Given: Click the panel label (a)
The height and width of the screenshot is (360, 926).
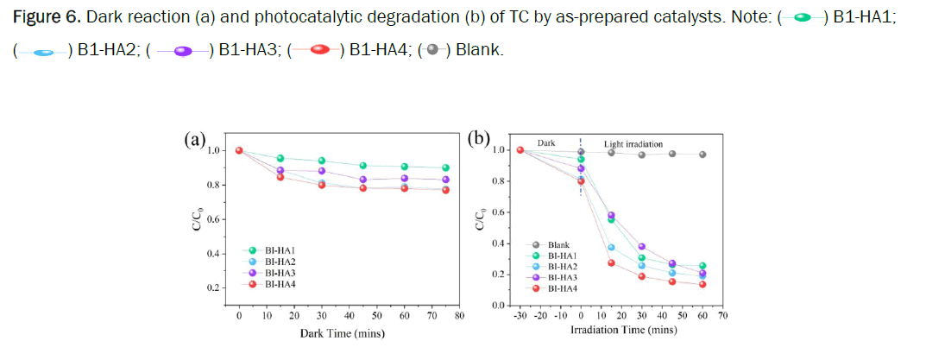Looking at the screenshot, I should pyautogui.click(x=194, y=141).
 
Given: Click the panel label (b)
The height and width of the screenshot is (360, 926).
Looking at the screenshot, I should pyautogui.click(x=478, y=139).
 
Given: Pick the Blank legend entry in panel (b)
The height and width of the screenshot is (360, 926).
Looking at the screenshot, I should pyautogui.click(x=559, y=245).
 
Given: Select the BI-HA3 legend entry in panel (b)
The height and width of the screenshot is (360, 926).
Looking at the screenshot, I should pyautogui.click(x=562, y=276).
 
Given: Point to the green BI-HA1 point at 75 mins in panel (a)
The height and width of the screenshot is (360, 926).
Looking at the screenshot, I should pyautogui.click(x=445, y=168).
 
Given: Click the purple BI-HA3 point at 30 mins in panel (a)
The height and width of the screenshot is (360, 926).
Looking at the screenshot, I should pyautogui.click(x=322, y=171).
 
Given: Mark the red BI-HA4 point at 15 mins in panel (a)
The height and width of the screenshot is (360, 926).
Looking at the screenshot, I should pyautogui.click(x=280, y=177).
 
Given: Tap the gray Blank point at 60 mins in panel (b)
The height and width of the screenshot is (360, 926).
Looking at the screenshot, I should pyautogui.click(x=702, y=155).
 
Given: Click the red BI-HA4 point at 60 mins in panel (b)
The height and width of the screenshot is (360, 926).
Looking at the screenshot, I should pyautogui.click(x=702, y=284).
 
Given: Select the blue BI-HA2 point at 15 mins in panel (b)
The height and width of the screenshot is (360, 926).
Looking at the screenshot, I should pyautogui.click(x=611, y=248).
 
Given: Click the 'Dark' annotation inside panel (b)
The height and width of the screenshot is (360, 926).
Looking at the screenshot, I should pyautogui.click(x=545, y=143).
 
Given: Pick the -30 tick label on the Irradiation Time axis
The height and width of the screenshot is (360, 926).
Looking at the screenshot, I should pyautogui.click(x=520, y=317).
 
